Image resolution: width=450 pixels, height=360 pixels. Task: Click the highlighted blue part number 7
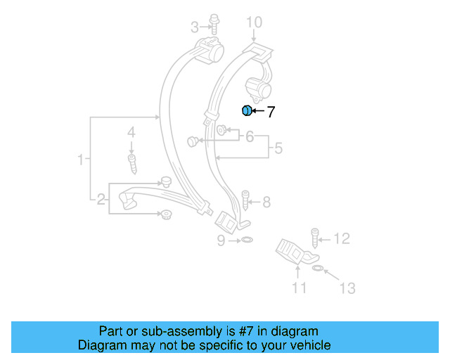click(247, 110)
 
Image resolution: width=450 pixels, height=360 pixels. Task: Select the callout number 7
click(271, 111)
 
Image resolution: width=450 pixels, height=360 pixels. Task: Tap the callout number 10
click(253, 24)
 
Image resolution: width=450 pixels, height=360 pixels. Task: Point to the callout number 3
click(195, 27)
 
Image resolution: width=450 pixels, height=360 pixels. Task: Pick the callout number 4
click(131, 132)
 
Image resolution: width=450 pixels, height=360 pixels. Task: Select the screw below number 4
click(131, 162)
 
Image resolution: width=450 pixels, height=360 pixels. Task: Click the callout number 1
click(81, 160)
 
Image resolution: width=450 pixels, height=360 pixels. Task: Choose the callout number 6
click(249, 137)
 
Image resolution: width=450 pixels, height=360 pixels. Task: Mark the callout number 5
click(278, 148)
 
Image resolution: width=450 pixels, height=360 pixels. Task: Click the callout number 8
click(266, 202)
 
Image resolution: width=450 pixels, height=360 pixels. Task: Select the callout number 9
click(221, 240)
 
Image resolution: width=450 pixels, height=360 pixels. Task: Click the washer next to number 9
click(245, 240)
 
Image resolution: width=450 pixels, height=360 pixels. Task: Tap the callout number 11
click(300, 288)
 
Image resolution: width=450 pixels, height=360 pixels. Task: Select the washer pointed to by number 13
click(317, 268)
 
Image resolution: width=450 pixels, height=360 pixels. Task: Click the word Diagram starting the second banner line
click(101, 345)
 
